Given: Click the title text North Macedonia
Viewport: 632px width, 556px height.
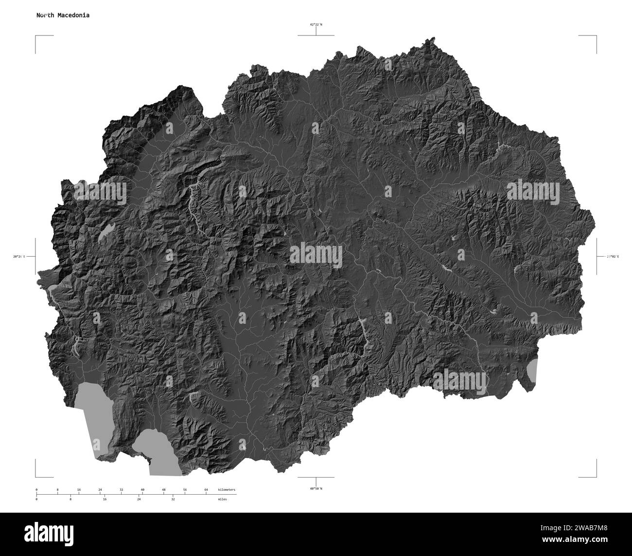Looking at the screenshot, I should tap(62, 15).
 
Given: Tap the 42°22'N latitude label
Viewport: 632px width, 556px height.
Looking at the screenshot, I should tap(316, 24).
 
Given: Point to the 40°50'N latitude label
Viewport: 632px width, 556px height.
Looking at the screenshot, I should tap(316, 488).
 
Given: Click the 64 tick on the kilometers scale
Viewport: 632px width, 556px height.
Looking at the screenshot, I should tap(206, 489).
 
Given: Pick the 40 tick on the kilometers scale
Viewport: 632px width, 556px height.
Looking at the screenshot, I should tap(142, 489).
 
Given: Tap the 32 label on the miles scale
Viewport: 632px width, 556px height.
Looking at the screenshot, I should tap(173, 499).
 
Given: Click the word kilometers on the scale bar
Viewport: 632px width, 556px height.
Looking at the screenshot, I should tap(227, 489).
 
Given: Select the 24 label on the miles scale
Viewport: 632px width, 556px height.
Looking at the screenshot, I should tap(139, 499).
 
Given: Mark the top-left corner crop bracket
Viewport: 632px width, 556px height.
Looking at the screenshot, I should tap(36, 37).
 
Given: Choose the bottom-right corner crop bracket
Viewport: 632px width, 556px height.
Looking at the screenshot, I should tap(595, 476).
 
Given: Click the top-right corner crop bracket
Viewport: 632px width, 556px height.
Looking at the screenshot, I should tap(595, 37).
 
